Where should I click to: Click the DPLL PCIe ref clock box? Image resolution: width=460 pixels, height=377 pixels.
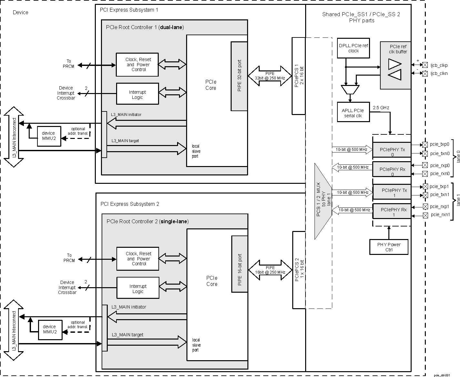(x=353, y=48)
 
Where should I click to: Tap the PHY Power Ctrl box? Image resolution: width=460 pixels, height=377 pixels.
(x=389, y=247)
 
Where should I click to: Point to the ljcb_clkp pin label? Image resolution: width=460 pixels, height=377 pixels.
(x=439, y=65)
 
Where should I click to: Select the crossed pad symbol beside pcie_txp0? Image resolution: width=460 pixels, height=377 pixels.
(x=425, y=145)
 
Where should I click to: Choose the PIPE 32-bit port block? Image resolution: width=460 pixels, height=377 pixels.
(x=239, y=76)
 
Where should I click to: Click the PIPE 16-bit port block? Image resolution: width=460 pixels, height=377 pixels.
(x=239, y=270)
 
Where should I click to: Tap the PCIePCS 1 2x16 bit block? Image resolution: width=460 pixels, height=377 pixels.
(x=298, y=76)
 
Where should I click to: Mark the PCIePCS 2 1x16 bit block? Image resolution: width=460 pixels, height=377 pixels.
(x=299, y=270)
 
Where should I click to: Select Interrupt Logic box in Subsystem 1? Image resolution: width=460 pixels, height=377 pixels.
(x=137, y=94)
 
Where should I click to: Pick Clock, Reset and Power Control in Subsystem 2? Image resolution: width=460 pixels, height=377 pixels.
(x=138, y=259)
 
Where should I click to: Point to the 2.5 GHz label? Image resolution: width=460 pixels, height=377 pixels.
(x=381, y=107)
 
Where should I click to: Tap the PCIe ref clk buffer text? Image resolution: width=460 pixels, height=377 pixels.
(x=398, y=49)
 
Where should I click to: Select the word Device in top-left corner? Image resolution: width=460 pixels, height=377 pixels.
(x=20, y=13)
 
